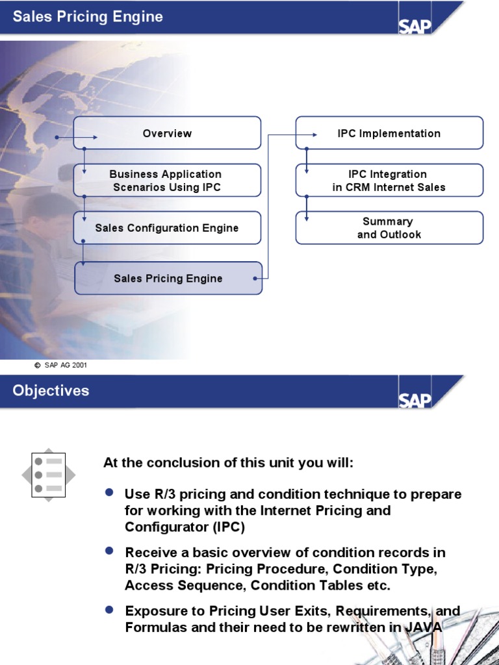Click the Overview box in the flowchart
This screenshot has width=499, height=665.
(167, 133)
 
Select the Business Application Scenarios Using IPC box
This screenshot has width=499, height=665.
(167, 181)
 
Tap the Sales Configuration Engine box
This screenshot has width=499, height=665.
(167, 228)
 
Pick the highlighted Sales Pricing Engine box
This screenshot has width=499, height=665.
(168, 279)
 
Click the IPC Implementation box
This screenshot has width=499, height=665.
(389, 133)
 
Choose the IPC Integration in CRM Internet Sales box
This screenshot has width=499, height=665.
(389, 181)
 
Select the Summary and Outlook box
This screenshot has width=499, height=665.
(389, 228)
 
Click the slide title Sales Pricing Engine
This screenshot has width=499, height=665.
(88, 17)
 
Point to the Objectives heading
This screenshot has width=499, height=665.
(51, 391)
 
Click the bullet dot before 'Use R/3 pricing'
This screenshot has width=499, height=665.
(109, 493)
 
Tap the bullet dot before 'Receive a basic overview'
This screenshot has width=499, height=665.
(109, 551)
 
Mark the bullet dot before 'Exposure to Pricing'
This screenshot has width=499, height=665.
(109, 610)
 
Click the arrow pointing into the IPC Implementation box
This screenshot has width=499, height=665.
(313, 135)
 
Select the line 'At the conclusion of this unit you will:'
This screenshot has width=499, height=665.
(228, 463)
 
